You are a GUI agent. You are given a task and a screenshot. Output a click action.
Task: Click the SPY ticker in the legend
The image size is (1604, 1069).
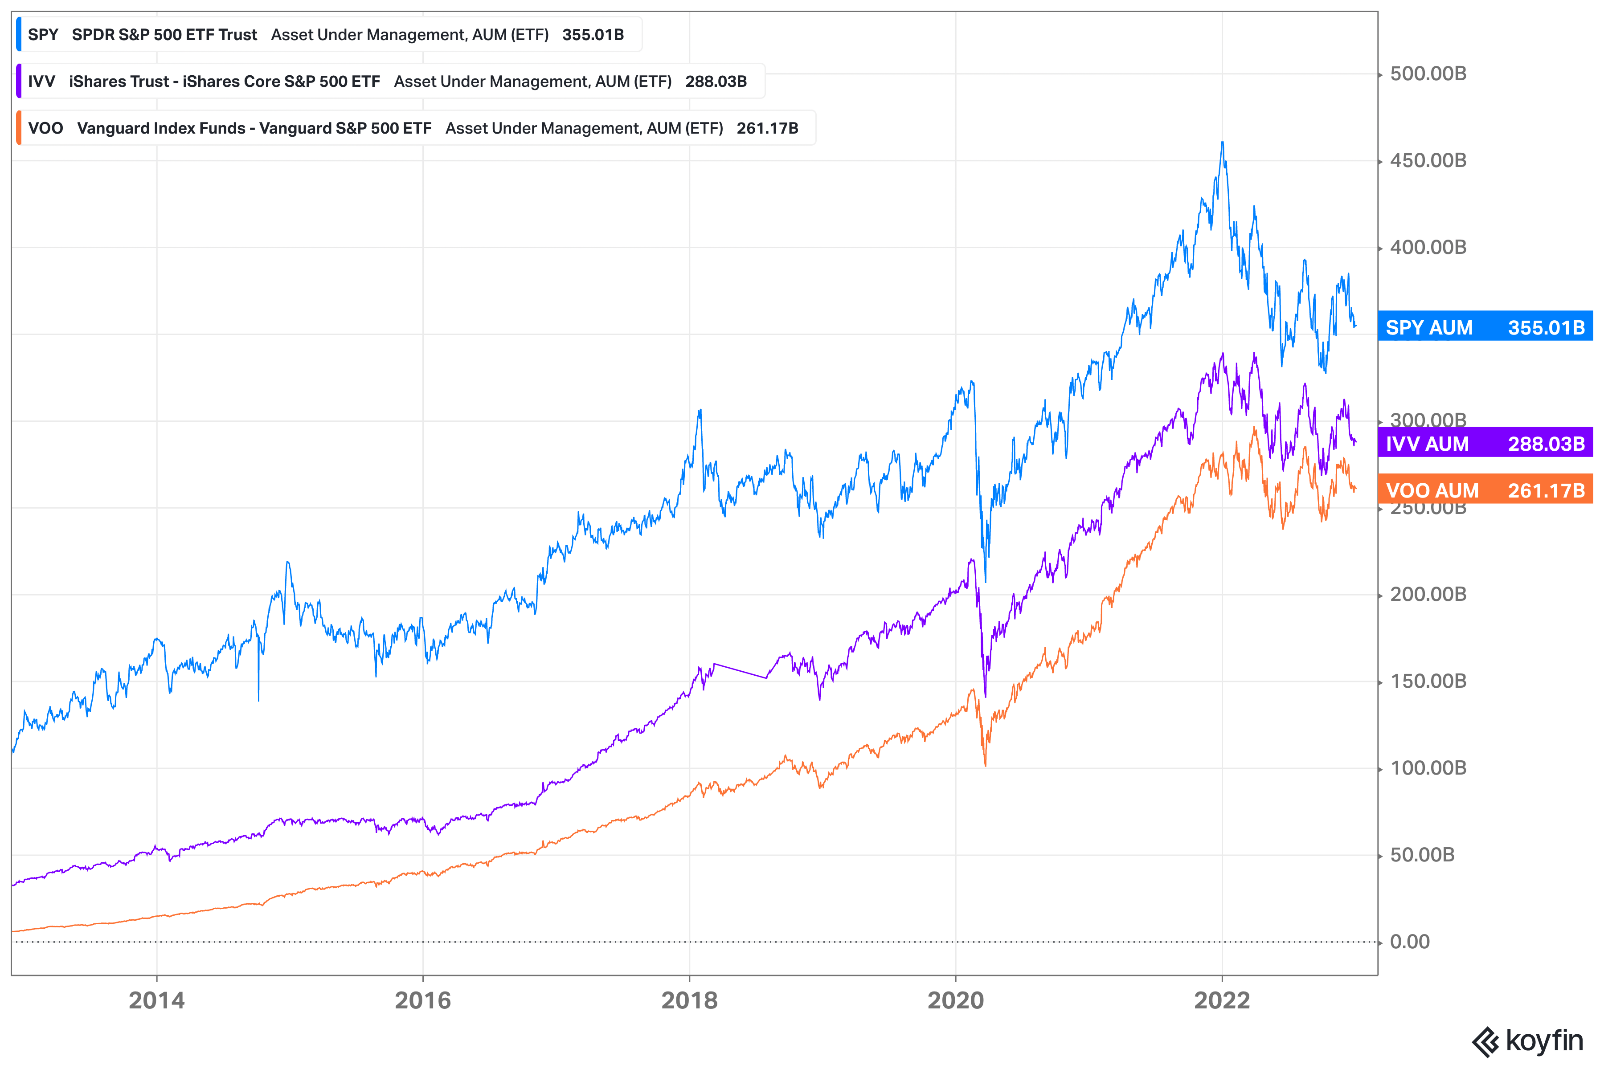coord(43,35)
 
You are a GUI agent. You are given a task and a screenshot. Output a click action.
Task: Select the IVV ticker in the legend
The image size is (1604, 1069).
coord(41,82)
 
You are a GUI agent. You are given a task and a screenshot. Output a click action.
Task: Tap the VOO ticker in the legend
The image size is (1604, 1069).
coord(46,128)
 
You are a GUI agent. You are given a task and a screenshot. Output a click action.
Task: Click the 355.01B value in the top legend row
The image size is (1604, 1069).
coord(593,35)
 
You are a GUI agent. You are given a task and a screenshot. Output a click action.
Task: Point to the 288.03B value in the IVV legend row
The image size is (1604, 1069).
coord(716,82)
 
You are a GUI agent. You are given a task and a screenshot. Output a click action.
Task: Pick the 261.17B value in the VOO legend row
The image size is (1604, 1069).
coord(767,128)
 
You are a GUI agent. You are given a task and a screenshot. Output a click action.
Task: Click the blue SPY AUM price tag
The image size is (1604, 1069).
coord(1485,327)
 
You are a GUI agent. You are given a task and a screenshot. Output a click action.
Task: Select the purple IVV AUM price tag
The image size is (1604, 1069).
coord(1485,444)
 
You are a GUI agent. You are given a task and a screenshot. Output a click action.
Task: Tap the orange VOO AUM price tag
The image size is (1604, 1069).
coord(1485,490)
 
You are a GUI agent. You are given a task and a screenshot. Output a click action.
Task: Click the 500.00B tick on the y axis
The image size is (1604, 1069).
coord(1428,73)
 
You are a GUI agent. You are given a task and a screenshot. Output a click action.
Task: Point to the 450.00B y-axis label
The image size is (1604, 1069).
coord(1428,161)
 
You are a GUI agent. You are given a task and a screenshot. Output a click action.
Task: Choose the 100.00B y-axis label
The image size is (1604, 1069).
coord(1428,768)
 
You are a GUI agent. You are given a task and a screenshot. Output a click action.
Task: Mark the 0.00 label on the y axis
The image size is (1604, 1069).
coord(1410,942)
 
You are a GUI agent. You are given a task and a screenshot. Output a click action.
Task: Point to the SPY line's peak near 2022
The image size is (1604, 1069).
coord(1222,143)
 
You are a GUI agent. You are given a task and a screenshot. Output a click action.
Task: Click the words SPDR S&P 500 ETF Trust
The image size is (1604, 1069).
coord(164,35)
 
